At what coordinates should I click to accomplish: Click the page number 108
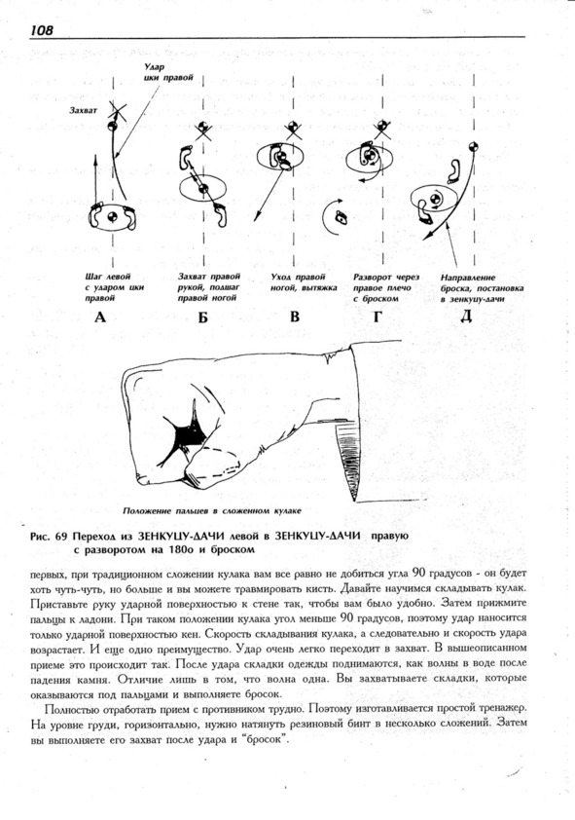pyautogui.click(x=42, y=30)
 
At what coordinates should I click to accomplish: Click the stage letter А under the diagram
pyautogui.click(x=100, y=317)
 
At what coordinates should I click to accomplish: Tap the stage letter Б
pyautogui.click(x=202, y=317)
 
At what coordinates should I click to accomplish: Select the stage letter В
pyautogui.click(x=295, y=316)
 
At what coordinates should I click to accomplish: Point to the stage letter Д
pyautogui.click(x=465, y=317)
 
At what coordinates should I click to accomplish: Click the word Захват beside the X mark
pyautogui.click(x=84, y=110)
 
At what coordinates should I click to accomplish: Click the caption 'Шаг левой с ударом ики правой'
pyautogui.click(x=115, y=287)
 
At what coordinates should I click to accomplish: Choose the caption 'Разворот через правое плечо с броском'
pyautogui.click(x=386, y=287)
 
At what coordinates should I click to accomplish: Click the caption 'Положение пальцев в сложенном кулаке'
pyautogui.click(x=212, y=510)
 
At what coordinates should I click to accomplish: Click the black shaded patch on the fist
pyautogui.click(x=185, y=433)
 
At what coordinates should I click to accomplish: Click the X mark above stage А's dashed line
pyautogui.click(x=118, y=111)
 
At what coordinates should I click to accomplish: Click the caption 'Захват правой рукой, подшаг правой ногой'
pyautogui.click(x=209, y=287)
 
